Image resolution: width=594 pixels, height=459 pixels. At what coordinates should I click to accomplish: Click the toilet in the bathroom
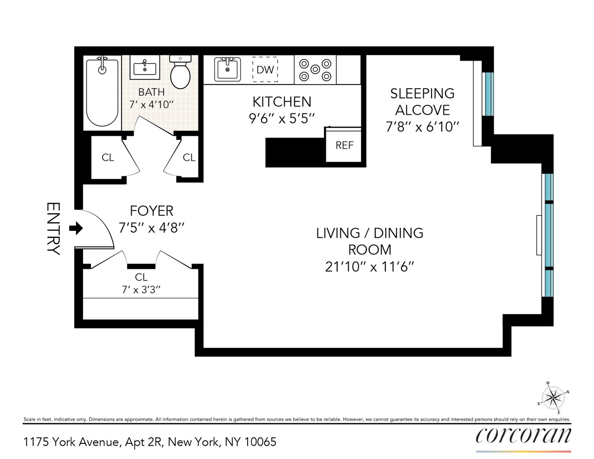pyautogui.click(x=180, y=73)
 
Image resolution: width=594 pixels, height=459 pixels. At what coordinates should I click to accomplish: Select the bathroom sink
pyautogui.click(x=144, y=68)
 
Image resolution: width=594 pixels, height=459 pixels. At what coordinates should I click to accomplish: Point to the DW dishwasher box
pyautogui.click(x=265, y=70)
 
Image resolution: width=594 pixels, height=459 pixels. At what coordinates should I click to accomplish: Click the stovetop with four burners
pyautogui.click(x=315, y=69)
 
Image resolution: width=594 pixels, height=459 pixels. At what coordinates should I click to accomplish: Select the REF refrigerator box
pyautogui.click(x=344, y=145)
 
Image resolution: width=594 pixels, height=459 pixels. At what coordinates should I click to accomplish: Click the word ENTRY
pyautogui.click(x=53, y=229)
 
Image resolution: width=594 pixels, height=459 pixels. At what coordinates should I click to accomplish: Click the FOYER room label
pyautogui.click(x=151, y=211)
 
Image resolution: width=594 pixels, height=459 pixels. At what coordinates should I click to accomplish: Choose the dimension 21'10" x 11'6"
pyautogui.click(x=370, y=267)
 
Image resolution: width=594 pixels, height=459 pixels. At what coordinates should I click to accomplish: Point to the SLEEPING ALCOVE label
pyautogui.click(x=422, y=101)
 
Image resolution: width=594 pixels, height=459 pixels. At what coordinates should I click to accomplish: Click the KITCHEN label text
pyautogui.click(x=282, y=101)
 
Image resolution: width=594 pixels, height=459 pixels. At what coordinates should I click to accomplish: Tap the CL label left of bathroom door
pyautogui.click(x=108, y=157)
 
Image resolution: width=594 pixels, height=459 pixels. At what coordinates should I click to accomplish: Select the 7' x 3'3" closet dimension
pyautogui.click(x=141, y=290)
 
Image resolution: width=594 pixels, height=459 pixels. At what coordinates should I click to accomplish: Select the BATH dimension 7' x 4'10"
pyautogui.click(x=151, y=104)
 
